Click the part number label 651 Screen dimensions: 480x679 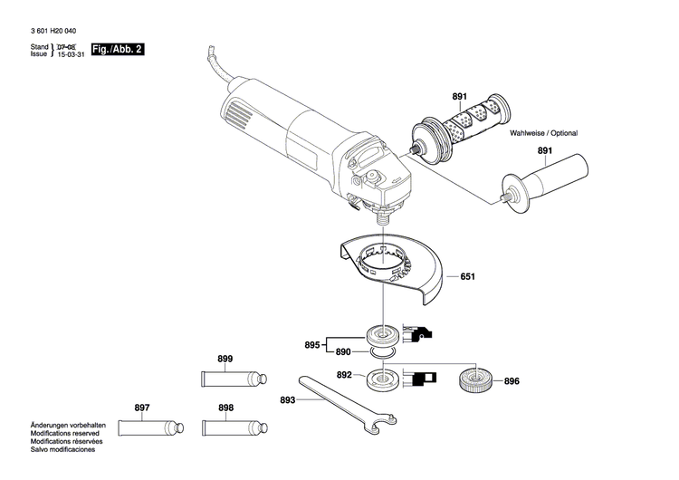[467, 276]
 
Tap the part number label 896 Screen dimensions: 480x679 [512, 381]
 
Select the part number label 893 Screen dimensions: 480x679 [288, 399]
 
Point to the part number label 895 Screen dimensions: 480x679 [312, 345]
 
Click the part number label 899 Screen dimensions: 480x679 [225, 359]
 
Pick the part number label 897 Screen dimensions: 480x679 [142, 408]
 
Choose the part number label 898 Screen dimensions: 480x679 [225, 408]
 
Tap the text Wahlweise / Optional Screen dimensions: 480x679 [543, 133]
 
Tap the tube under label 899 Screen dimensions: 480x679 [231, 375]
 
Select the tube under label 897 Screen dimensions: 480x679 [148, 425]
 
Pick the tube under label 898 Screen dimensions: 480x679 [232, 425]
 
